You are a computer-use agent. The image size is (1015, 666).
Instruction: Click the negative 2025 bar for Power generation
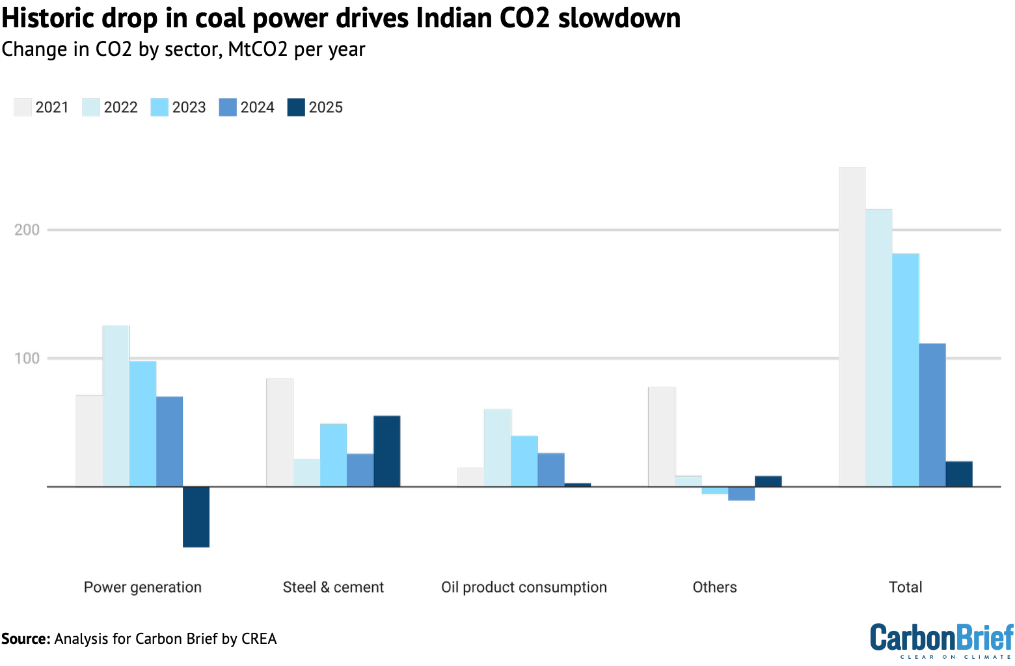click(196, 516)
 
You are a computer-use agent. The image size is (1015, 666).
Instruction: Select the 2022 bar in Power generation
click(116, 406)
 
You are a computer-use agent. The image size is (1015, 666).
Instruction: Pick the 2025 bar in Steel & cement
click(386, 451)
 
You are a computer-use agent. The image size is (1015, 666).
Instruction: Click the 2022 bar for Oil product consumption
click(497, 447)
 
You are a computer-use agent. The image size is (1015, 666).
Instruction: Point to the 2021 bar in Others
click(661, 436)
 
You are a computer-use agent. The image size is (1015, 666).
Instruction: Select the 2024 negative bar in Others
click(741, 494)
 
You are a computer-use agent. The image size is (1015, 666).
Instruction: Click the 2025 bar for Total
click(958, 473)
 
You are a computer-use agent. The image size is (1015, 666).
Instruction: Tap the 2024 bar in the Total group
click(932, 415)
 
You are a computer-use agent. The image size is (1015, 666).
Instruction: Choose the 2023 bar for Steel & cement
click(333, 455)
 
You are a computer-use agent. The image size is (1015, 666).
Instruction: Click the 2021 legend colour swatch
click(23, 107)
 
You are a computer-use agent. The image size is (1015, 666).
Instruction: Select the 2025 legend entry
click(315, 107)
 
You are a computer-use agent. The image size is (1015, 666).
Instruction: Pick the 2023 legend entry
click(178, 107)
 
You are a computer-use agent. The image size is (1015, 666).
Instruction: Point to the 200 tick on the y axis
click(27, 230)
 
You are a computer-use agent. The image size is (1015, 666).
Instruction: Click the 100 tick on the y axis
click(27, 358)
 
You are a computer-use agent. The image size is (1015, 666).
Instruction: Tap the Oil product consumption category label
click(524, 587)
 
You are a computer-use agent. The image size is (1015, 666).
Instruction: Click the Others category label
click(714, 587)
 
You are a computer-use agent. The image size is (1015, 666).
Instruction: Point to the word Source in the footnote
click(25, 639)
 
